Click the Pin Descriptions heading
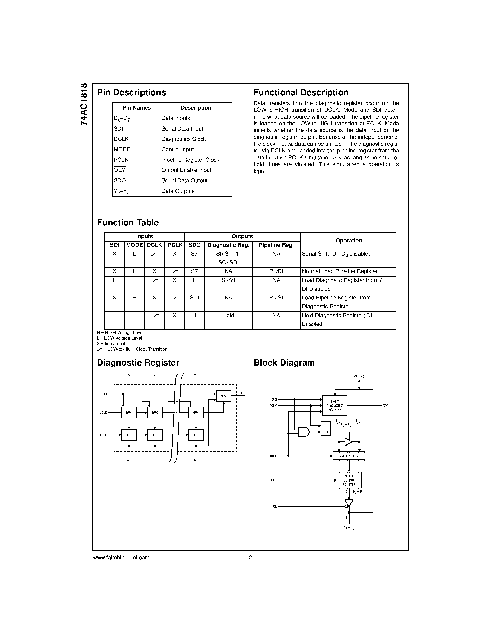pyautogui.click(x=131, y=93)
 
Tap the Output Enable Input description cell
pyautogui.click(x=186, y=170)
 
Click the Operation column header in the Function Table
pyautogui.click(x=348, y=241)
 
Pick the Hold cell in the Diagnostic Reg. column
pyautogui.click(x=228, y=315)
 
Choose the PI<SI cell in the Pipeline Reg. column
pyautogui.click(x=276, y=298)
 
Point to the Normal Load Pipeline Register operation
pyautogui.click(x=339, y=271)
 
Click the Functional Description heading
pyautogui.click(x=301, y=93)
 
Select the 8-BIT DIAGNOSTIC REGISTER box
pyautogui.click(x=335, y=406)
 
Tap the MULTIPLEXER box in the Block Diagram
pyautogui.click(x=349, y=456)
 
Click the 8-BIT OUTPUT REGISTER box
pyautogui.click(x=349, y=480)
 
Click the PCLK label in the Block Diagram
pyautogui.click(x=273, y=480)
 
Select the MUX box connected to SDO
pyautogui.click(x=223, y=396)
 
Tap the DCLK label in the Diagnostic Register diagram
pyautogui.click(x=103, y=435)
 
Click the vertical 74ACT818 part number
pyautogui.click(x=84, y=104)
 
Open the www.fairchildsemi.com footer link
pyautogui.click(x=121, y=557)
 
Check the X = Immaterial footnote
pyautogui.click(x=111, y=344)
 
